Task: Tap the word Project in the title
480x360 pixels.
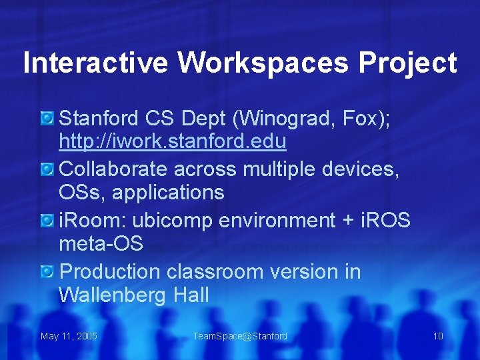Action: (407, 63)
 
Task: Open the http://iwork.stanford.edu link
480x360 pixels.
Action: (173, 142)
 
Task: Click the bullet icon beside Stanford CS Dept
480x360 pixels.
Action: (47, 119)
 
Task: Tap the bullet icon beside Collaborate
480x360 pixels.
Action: (47, 170)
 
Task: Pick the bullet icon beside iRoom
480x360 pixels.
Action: (47, 221)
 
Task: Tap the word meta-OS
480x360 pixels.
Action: (101, 244)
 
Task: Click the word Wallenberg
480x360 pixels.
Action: (107, 295)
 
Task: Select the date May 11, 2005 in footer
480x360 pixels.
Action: (69, 336)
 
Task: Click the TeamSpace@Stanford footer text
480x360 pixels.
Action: (240, 336)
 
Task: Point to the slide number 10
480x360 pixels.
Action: (438, 336)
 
